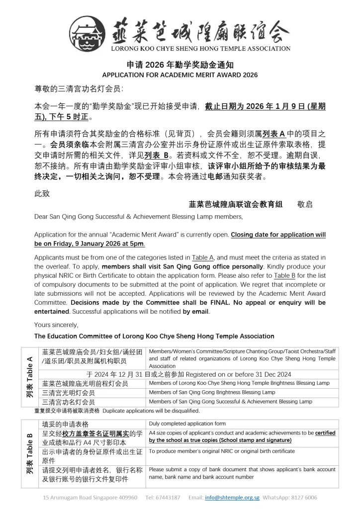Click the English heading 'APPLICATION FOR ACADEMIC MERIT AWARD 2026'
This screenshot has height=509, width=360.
click(180, 75)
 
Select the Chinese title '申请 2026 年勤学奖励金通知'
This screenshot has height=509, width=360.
click(180, 65)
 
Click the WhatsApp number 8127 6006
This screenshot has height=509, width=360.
click(303, 497)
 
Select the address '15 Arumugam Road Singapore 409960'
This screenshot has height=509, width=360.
click(90, 497)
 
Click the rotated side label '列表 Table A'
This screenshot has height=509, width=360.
click(29, 376)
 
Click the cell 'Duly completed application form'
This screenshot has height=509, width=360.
click(187, 424)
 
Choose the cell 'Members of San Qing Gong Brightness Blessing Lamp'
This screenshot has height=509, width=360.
click(212, 392)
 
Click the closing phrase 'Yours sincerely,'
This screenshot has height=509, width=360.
click(56, 325)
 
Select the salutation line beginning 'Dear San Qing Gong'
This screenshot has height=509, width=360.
click(131, 217)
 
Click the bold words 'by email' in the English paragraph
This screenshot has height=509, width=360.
click(196, 312)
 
